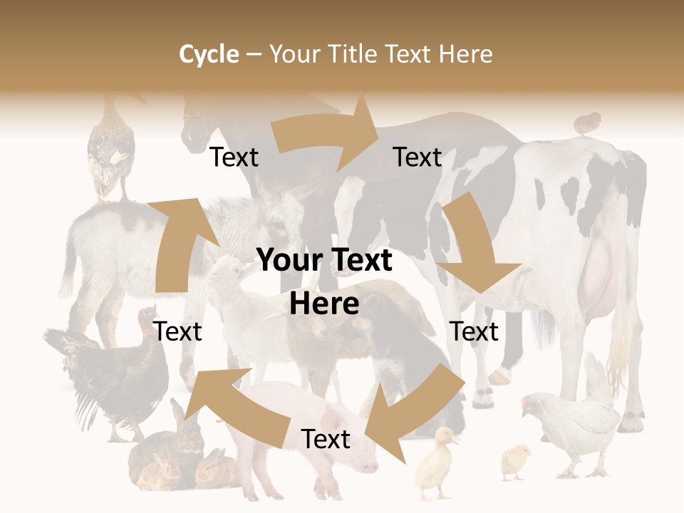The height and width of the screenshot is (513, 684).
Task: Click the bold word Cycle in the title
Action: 209,54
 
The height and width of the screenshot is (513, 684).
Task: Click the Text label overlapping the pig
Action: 326,440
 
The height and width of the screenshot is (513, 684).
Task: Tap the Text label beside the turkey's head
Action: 178,331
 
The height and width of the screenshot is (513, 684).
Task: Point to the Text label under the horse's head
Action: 234,157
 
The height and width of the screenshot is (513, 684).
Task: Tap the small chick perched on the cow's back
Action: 586,123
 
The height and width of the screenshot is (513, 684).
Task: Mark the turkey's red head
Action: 148,316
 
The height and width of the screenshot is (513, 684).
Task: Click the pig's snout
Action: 368,466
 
